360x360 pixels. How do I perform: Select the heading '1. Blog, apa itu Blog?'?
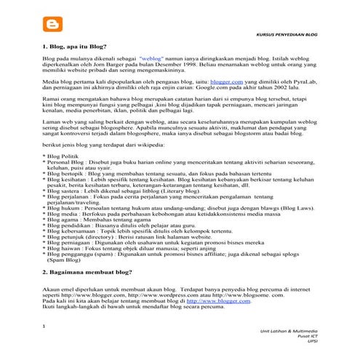click(79, 46)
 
